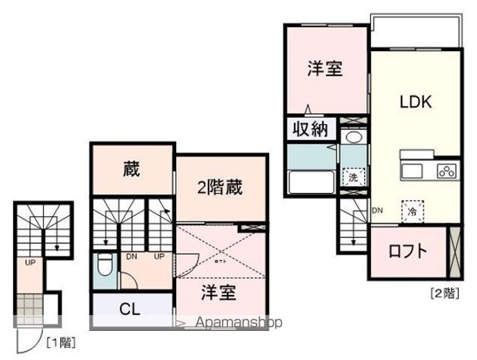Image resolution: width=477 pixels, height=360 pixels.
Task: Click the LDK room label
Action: click(x=415, y=103)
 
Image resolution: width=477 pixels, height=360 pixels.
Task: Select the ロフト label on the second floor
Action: click(x=407, y=252)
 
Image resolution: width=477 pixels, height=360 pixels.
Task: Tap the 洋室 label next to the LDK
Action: click(x=325, y=68)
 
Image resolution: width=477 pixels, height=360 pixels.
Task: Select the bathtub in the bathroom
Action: click(x=311, y=182)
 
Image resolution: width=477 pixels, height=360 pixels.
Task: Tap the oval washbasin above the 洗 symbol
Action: click(x=354, y=138)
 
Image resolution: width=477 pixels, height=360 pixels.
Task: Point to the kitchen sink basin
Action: click(x=411, y=171)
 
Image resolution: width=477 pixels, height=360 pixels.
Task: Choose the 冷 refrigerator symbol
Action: click(x=411, y=213)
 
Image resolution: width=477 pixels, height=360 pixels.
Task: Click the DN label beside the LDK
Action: click(x=377, y=211)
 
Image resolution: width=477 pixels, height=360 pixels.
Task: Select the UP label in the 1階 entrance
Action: click(x=30, y=263)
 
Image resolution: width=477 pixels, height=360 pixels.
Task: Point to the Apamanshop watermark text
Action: click(x=233, y=323)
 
